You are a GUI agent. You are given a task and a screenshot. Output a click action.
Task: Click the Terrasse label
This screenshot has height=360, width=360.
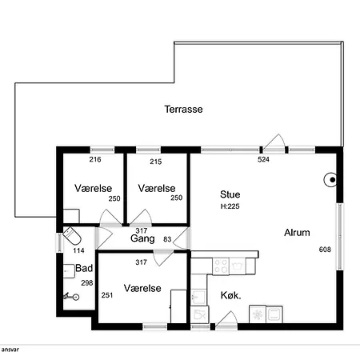(183, 110)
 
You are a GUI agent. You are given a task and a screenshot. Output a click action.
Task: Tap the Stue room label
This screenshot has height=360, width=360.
(230, 194)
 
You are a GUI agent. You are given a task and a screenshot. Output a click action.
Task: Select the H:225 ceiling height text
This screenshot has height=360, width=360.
(230, 206)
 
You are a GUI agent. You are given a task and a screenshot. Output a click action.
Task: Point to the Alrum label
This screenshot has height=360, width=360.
(297, 233)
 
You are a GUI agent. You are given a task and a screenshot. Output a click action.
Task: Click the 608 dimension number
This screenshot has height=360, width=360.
(325, 250)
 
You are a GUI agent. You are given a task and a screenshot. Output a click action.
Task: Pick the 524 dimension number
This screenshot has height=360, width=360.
(263, 159)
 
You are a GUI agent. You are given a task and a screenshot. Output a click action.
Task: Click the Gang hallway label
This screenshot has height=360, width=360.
(142, 238)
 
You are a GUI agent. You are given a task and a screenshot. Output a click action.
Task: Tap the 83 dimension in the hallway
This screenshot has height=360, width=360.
(167, 239)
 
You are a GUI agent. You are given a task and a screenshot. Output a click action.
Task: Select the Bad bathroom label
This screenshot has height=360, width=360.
(84, 268)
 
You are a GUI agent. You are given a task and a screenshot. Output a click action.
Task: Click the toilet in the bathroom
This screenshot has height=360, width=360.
(72, 235)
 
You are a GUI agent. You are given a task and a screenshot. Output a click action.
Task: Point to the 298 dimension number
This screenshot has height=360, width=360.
(87, 283)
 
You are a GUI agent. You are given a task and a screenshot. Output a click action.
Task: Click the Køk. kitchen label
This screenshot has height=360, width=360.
(231, 295)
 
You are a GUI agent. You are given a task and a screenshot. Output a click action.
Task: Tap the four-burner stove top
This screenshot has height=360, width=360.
(221, 266)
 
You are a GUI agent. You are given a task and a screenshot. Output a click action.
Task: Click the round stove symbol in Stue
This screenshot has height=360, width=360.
(330, 180)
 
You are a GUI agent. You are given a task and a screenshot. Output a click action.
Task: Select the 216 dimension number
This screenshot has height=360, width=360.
(95, 159)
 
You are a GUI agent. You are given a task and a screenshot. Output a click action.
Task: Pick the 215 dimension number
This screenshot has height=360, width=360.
(156, 162)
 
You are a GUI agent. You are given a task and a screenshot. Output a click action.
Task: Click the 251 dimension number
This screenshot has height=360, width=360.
(107, 295)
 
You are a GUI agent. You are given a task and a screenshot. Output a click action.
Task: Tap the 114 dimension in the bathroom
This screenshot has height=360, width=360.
(78, 250)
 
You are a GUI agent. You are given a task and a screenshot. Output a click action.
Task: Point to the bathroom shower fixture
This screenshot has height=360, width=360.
(71, 296)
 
